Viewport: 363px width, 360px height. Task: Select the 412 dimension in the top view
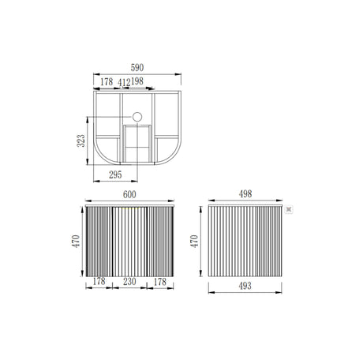point(124,81)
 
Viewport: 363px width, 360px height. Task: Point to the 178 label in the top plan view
point(107,81)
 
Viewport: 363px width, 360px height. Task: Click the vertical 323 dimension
point(80,141)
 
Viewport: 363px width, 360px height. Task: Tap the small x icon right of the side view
point(288,209)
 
